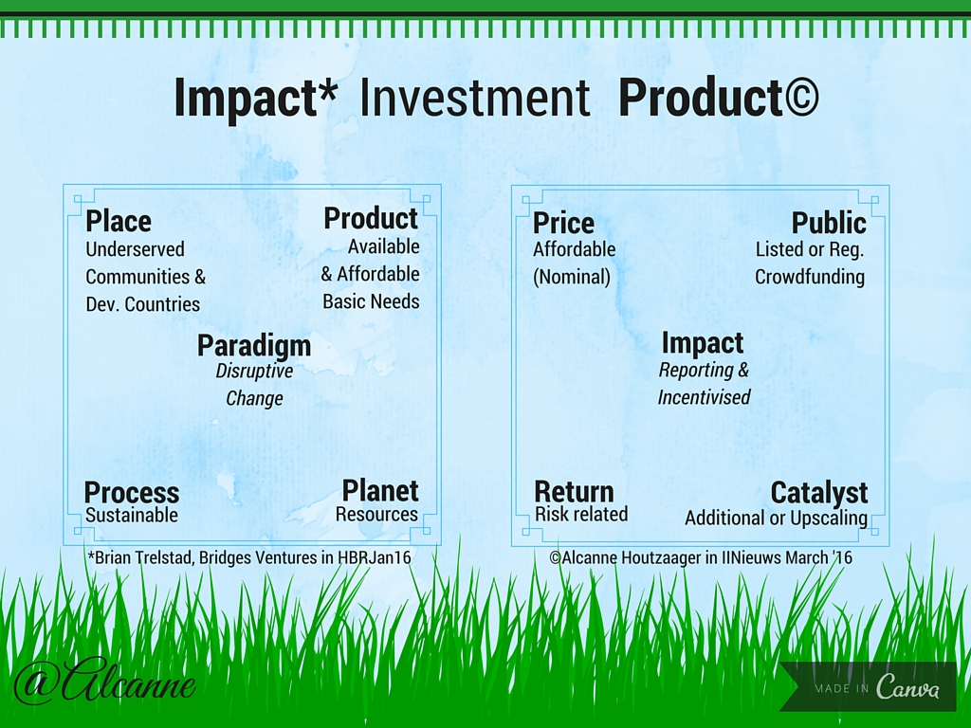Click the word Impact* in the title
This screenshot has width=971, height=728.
(255, 98)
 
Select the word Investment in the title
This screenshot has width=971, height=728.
(474, 98)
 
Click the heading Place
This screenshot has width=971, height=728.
(119, 222)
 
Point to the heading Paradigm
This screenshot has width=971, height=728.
(254, 346)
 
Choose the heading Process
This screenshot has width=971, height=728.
(132, 493)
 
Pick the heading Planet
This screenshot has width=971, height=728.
(380, 490)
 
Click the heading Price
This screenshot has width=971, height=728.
(563, 223)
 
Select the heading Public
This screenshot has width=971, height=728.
(829, 223)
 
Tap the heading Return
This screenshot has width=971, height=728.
(574, 492)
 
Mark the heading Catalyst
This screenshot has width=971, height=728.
(819, 493)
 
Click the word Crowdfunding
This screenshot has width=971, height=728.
(810, 277)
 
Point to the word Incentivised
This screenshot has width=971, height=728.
(704, 397)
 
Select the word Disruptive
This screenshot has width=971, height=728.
(254, 371)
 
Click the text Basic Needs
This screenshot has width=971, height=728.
(371, 301)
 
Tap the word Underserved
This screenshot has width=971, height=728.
(135, 249)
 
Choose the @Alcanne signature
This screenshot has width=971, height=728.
(104, 683)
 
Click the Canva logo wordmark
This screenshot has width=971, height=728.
(907, 687)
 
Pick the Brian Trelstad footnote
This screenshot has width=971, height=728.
(249, 557)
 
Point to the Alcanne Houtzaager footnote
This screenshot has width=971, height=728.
(701, 557)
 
